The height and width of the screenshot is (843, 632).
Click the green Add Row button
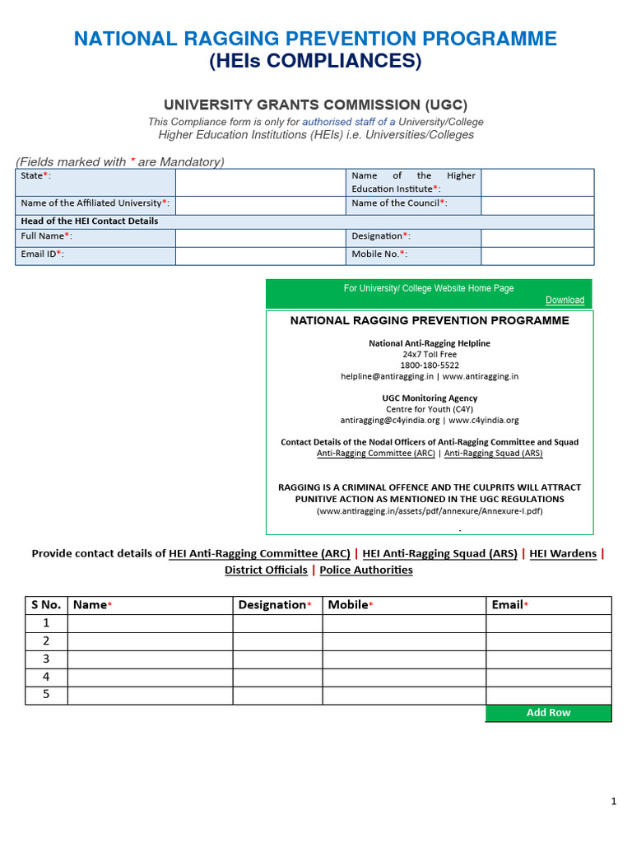point(548,713)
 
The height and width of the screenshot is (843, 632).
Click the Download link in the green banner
point(565,300)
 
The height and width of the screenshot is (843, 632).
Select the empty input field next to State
point(259,182)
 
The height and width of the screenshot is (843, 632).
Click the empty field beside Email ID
point(259,255)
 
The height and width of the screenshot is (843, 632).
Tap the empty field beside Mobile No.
point(537,255)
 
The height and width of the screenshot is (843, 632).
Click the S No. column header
point(46,605)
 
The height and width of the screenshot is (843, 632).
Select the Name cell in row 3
point(150,659)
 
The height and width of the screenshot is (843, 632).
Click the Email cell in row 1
point(548,623)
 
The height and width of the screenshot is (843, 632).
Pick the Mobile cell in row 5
point(403,696)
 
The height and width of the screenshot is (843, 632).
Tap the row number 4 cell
point(46,678)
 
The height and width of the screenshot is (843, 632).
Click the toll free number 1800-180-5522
point(430,365)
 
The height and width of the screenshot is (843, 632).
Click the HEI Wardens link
point(563,554)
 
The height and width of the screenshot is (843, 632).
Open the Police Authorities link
point(366,570)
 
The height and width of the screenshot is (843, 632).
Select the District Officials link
point(266,570)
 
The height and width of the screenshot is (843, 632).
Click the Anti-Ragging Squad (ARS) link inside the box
point(493,453)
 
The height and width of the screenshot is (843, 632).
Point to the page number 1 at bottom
point(614,801)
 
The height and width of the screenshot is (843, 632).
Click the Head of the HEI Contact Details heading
point(90,221)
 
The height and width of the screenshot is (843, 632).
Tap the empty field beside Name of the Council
point(537,205)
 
